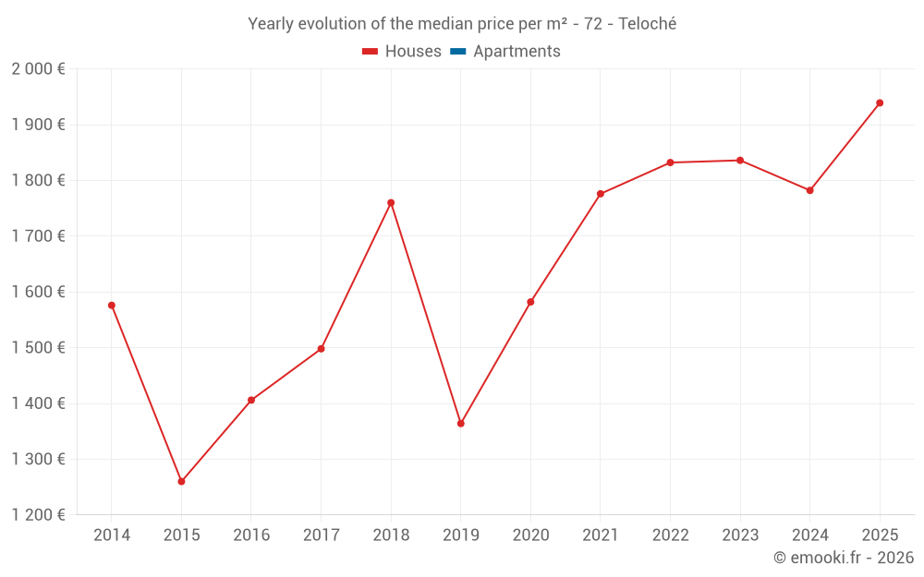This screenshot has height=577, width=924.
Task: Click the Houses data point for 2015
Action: (181, 481)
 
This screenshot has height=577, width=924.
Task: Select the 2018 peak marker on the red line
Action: (391, 202)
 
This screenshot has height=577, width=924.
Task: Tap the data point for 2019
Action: (460, 424)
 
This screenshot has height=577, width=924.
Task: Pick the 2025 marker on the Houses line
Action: (880, 102)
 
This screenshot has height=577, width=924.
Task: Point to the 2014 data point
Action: (112, 305)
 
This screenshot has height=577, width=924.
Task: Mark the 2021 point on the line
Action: (601, 194)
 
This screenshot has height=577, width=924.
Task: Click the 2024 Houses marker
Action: (809, 190)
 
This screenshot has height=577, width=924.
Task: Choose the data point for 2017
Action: (321, 349)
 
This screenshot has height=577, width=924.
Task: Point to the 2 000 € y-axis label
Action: (38, 69)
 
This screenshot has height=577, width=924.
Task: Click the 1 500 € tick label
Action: (38, 348)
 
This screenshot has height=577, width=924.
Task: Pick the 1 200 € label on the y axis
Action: (38, 515)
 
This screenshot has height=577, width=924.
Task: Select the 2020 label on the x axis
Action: (530, 535)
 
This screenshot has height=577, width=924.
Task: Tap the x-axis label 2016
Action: (251, 535)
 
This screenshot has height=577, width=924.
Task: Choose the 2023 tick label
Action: (740, 535)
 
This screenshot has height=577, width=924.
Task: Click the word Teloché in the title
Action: (647, 24)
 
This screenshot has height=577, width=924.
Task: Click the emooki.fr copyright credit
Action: (843, 558)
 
